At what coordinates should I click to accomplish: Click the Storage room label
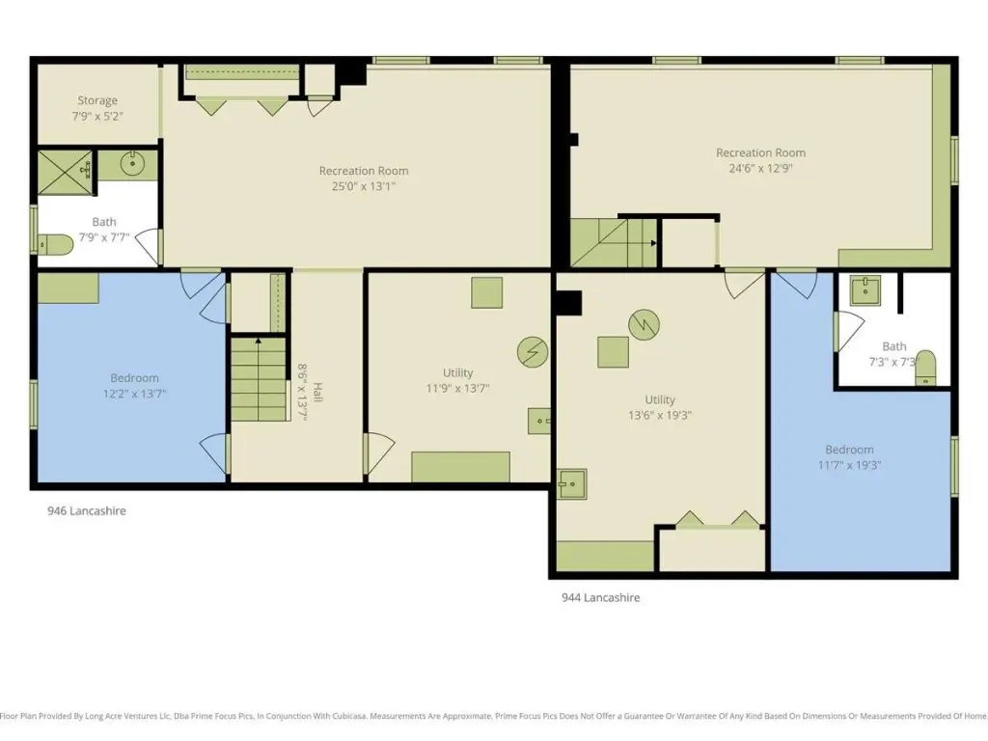(x=97, y=100)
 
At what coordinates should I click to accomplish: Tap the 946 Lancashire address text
(x=86, y=511)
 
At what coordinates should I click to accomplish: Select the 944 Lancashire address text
(x=600, y=597)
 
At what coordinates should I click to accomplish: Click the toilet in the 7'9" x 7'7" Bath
(x=55, y=244)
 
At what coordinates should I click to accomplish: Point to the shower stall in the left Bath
(x=66, y=172)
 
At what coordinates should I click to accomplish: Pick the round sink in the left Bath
(x=132, y=164)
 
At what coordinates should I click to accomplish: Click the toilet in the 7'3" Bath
(x=925, y=368)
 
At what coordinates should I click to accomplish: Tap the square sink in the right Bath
(x=865, y=290)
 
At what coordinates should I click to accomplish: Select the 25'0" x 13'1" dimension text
(x=364, y=186)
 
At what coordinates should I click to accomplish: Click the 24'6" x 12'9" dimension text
(x=760, y=168)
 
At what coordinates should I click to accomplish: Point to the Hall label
(x=317, y=392)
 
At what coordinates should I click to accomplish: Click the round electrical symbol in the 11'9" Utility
(x=533, y=351)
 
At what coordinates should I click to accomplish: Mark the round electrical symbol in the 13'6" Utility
(x=644, y=324)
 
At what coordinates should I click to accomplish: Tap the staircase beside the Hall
(x=259, y=379)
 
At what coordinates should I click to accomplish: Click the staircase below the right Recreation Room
(x=615, y=242)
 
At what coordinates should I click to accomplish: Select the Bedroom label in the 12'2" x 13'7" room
(x=134, y=378)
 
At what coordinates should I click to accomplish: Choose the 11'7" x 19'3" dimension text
(x=849, y=466)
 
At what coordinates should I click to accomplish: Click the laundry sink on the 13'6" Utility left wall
(x=571, y=484)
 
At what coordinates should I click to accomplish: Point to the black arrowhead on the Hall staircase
(x=259, y=341)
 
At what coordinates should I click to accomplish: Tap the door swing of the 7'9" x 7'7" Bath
(x=147, y=247)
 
